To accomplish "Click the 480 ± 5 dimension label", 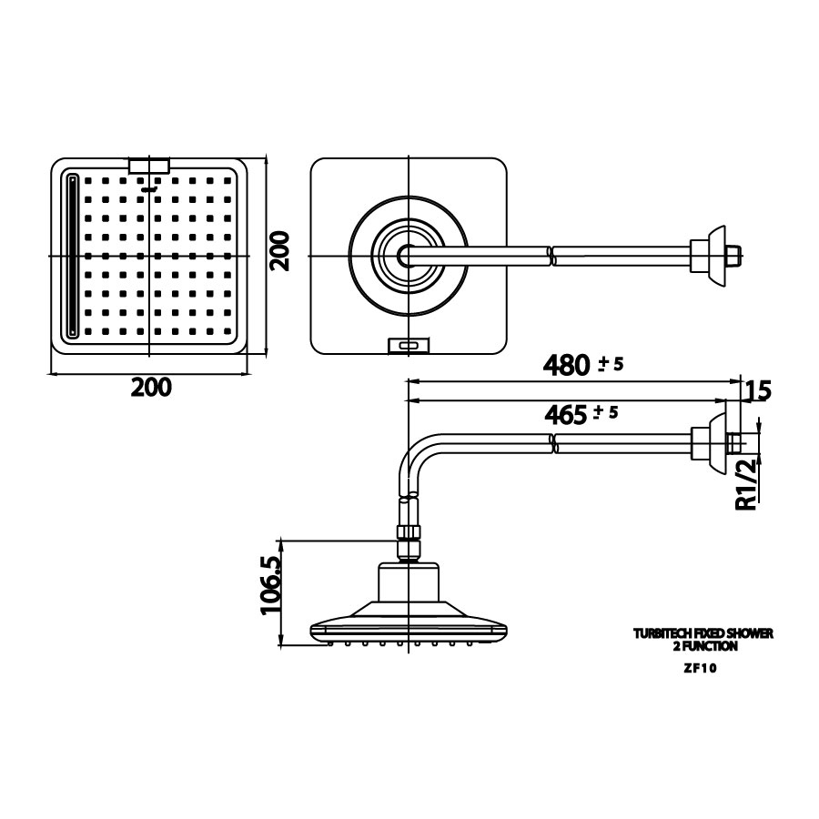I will point(581,365).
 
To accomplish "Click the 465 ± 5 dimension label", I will point(581,414).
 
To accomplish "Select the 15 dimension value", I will point(758,391).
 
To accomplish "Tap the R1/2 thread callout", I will point(746,485).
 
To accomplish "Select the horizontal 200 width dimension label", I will point(150,387).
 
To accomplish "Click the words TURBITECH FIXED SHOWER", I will point(703,632).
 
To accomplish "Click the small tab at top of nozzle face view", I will point(150,166).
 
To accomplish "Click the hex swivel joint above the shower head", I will point(409,539).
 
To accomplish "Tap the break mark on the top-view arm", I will point(552,254).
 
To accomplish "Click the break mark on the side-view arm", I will point(552,443).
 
